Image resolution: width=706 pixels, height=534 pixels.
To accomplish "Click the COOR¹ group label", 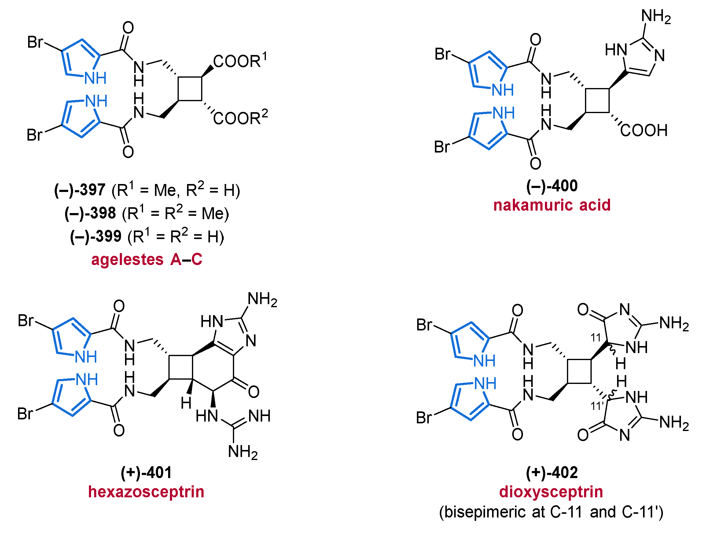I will [239, 61].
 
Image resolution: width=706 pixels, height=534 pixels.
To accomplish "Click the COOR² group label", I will [240, 117].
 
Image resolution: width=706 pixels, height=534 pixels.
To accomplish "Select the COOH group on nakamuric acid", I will [644, 130].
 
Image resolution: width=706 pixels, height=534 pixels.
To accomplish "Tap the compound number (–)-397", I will [80, 190].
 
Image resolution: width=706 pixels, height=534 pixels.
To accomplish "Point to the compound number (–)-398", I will [90, 213].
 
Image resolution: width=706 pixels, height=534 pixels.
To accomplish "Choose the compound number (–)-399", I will [96, 237].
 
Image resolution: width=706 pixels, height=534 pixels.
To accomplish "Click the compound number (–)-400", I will [552, 186].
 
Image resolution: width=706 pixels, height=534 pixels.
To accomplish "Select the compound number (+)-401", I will [146, 472].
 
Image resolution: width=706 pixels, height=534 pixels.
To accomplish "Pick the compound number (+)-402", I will [552, 472].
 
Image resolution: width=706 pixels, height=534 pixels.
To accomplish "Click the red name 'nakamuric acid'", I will [552, 205].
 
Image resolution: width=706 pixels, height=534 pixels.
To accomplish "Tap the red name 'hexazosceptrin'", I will [146, 492].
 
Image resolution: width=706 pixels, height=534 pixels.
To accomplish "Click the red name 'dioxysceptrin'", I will [551, 492].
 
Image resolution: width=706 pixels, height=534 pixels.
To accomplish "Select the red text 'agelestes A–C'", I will [147, 259].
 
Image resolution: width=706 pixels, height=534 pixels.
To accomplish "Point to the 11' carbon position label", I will [596, 406].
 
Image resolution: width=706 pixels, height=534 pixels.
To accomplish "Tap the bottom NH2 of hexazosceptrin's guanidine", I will [243, 452].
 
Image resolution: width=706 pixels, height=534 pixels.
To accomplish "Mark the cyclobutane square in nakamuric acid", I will [598, 101].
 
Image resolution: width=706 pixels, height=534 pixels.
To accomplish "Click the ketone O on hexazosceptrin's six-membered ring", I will [254, 392].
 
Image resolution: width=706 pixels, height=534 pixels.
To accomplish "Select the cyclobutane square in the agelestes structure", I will [190, 89].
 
